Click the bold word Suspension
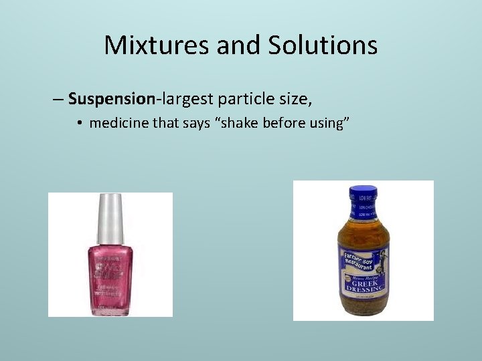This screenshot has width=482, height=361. click(111, 100)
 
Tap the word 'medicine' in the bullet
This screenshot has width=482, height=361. click(118, 123)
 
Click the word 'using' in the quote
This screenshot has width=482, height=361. click(323, 123)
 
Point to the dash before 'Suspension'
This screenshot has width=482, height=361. click(58, 100)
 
